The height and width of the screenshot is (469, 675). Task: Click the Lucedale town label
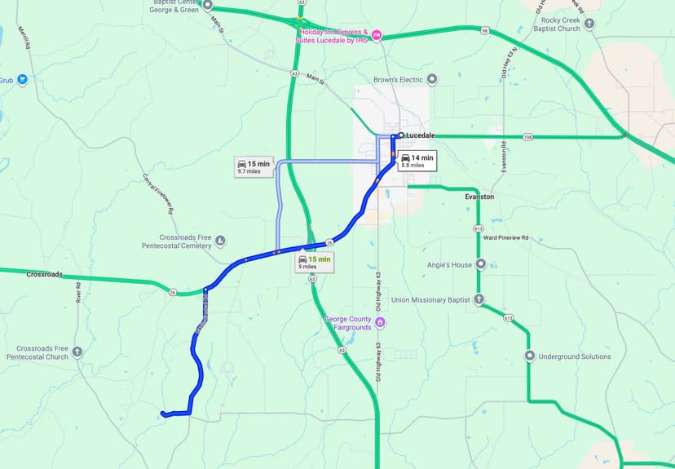[x=421, y=135]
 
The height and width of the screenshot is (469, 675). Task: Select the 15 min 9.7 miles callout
[x=253, y=167]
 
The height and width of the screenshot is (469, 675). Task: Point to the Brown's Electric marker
[x=432, y=79]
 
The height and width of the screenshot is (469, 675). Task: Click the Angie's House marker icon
[x=481, y=264]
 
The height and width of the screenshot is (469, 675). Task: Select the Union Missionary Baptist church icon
[x=479, y=299]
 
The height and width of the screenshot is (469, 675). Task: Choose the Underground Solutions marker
[x=530, y=356]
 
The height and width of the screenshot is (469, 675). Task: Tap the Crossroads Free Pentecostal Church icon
[x=77, y=352]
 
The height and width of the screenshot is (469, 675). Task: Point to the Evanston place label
[x=479, y=197]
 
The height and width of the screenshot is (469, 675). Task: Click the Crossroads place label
[x=44, y=274]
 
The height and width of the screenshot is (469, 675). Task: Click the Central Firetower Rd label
[x=159, y=193]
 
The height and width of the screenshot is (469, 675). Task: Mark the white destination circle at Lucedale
[x=401, y=135]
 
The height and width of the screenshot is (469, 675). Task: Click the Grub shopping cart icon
[x=23, y=80]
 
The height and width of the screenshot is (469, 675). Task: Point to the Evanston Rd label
[x=505, y=157]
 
